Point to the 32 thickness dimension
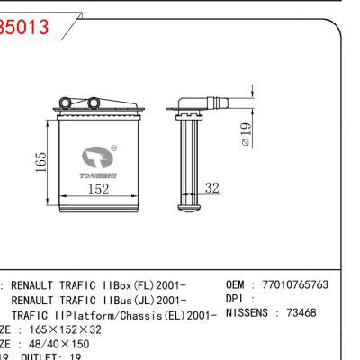212,188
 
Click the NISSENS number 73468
297,313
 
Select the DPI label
234,299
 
